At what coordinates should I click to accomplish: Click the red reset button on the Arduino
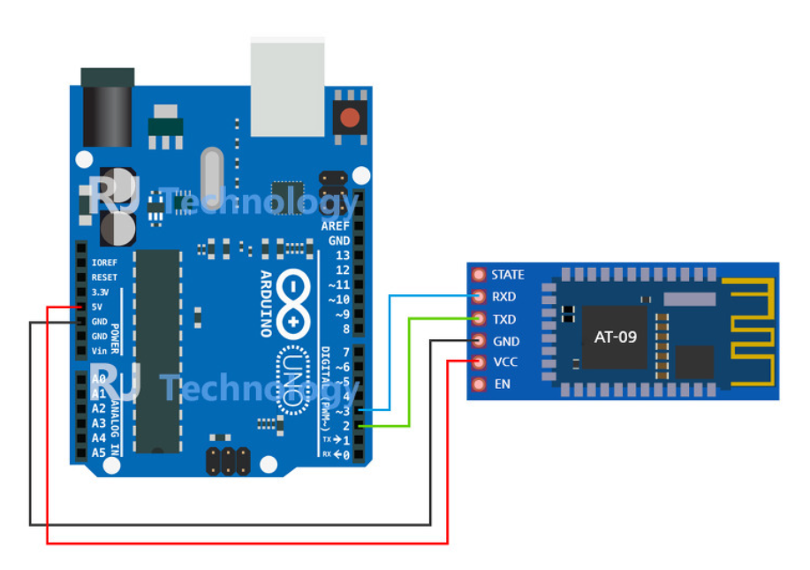[x=351, y=117]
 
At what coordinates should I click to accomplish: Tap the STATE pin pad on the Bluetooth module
[x=480, y=275]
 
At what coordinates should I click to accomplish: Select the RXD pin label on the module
[x=504, y=297]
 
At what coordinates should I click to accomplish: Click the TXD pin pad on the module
[x=480, y=318]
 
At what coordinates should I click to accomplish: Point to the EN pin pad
[x=480, y=384]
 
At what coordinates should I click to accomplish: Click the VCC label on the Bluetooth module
[x=505, y=362]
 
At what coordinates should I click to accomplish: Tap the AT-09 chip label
[x=614, y=337]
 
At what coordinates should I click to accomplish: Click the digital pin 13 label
[x=340, y=255]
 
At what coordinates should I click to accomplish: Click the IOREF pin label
[x=104, y=262]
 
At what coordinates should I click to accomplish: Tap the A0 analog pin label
[x=97, y=379]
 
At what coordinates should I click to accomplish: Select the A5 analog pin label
[x=97, y=452]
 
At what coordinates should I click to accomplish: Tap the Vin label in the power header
[x=100, y=351]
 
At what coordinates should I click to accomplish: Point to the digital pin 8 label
[x=344, y=329]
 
